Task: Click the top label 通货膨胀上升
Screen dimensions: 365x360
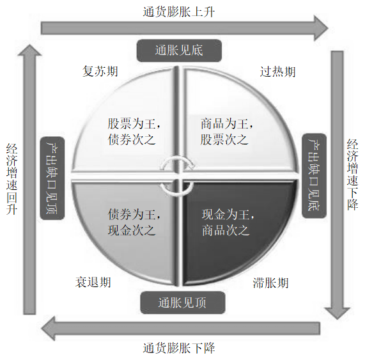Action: pyautogui.click(x=179, y=12)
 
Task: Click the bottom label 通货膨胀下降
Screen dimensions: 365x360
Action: pyautogui.click(x=179, y=348)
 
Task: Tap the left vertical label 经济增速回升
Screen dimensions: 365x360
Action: pyautogui.click(x=12, y=179)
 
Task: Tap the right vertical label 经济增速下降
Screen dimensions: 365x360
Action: pyautogui.click(x=352, y=175)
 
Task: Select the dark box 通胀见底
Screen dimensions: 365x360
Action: pyautogui.click(x=179, y=51)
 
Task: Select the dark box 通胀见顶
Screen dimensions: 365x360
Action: pyautogui.click(x=183, y=302)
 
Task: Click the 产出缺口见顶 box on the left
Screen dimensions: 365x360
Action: pyautogui.click(x=52, y=178)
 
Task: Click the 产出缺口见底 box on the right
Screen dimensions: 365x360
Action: pyautogui.click(x=314, y=176)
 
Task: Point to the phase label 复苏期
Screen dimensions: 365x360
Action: pyautogui.click(x=100, y=71)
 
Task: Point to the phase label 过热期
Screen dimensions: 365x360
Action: pyautogui.click(x=277, y=72)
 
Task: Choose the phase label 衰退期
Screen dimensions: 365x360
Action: pyautogui.click(x=93, y=282)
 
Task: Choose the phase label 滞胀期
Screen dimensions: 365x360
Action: pyautogui.click(x=270, y=283)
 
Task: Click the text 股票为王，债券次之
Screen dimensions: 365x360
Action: pyautogui.click(x=134, y=132)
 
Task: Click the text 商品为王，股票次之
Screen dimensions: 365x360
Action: pyautogui.click(x=227, y=132)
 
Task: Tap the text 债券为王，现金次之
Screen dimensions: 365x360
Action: pyautogui.click(x=134, y=222)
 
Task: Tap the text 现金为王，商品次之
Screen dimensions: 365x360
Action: pyautogui.click(x=228, y=222)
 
